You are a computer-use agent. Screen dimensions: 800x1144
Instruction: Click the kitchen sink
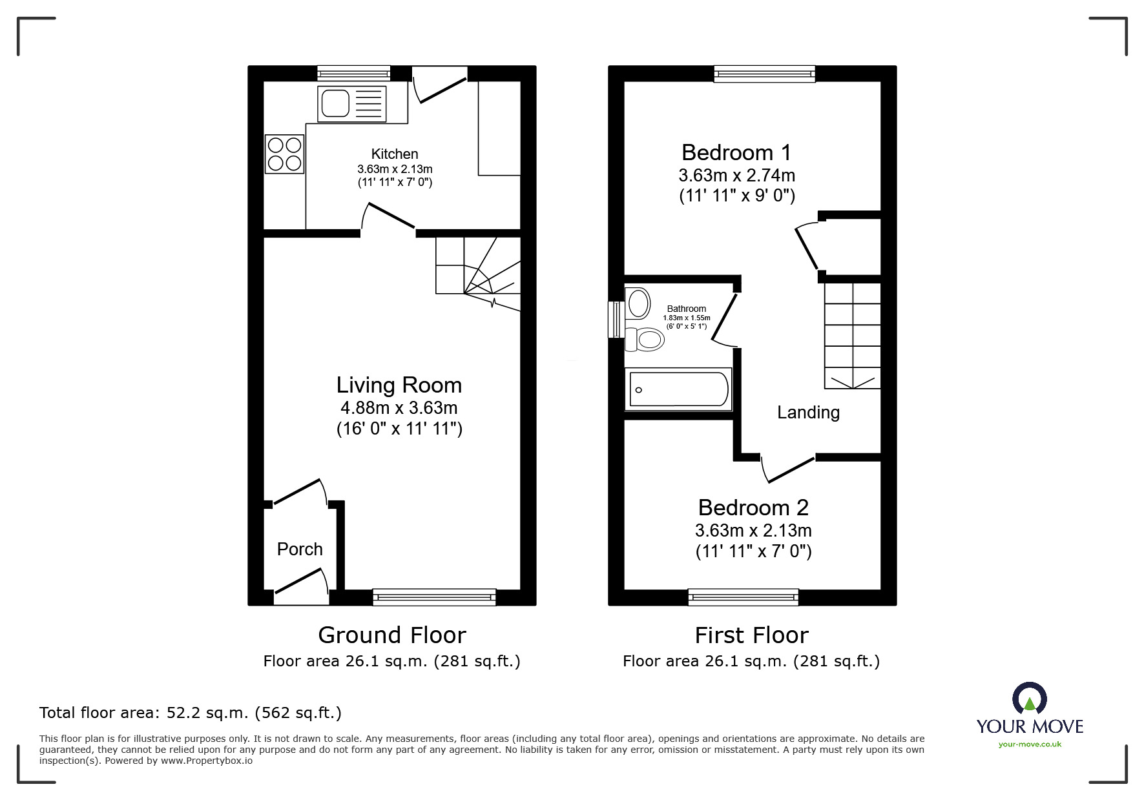pyautogui.click(x=352, y=104)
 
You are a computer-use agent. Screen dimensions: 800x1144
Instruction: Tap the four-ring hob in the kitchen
pyautogui.click(x=284, y=154)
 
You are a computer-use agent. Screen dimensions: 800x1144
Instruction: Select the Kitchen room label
pyautogui.click(x=395, y=154)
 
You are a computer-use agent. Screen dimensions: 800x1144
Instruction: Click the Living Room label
pyautogui.click(x=399, y=385)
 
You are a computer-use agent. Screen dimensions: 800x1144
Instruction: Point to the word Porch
pyautogui.click(x=300, y=549)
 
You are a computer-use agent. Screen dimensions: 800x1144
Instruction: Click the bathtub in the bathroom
pyautogui.click(x=678, y=389)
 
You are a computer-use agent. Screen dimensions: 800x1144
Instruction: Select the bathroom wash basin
pyautogui.click(x=638, y=303)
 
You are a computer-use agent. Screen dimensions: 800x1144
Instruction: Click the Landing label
pyautogui.click(x=808, y=413)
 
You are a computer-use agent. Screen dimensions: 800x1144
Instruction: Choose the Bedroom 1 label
pyautogui.click(x=736, y=153)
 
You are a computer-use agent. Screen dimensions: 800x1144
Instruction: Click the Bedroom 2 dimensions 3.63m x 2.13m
pyautogui.click(x=753, y=531)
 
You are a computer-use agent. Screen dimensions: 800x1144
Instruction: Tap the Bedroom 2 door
pyautogui.click(x=789, y=469)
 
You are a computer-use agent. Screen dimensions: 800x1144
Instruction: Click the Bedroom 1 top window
pyautogui.click(x=764, y=74)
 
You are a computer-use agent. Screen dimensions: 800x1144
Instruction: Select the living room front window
pyautogui.click(x=434, y=597)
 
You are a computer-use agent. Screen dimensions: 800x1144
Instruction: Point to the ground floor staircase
pyautogui.click(x=478, y=274)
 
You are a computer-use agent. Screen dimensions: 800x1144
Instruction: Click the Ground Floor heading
pyautogui.click(x=391, y=635)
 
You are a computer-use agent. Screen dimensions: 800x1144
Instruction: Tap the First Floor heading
pyautogui.click(x=751, y=635)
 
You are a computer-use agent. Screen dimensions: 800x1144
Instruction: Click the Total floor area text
pyautogui.click(x=191, y=713)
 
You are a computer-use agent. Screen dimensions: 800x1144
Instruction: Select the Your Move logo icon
pyautogui.click(x=1029, y=698)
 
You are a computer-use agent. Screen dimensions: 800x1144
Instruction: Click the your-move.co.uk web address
pyautogui.click(x=1030, y=744)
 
